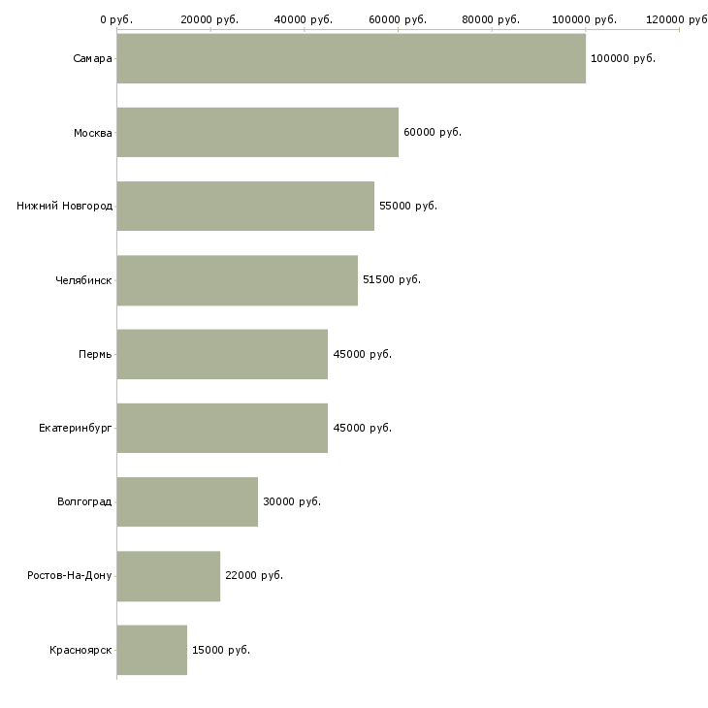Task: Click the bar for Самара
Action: (x=351, y=58)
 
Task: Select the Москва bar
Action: (x=257, y=132)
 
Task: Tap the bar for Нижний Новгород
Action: (x=245, y=206)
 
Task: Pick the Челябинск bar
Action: (x=238, y=280)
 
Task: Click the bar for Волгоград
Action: (x=187, y=501)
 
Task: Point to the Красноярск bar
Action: (x=152, y=650)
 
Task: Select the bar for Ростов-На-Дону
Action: (x=169, y=576)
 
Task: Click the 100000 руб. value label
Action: (x=623, y=58)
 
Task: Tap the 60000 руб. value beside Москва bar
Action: (x=432, y=132)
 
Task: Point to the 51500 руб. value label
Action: (x=391, y=280)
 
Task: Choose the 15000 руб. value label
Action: (x=220, y=650)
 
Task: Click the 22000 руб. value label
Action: (x=254, y=576)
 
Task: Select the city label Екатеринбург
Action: (x=76, y=428)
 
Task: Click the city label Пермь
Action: (x=95, y=354)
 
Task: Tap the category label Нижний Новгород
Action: (x=65, y=206)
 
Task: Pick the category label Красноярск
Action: (x=80, y=650)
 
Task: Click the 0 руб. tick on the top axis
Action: (x=116, y=19)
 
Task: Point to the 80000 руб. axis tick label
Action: (x=492, y=19)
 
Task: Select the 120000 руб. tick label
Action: (x=677, y=19)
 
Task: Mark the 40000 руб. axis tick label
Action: (x=304, y=19)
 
